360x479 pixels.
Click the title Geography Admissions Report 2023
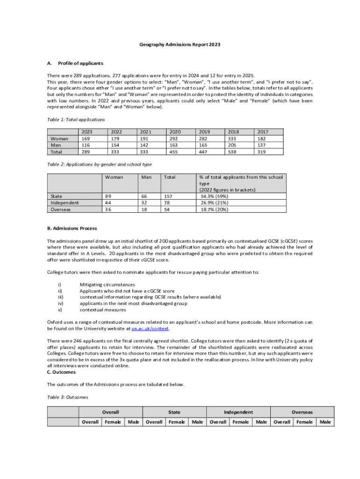tap(180, 44)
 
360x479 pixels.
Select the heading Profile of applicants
tap(80, 63)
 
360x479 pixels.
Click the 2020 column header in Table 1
tap(175, 132)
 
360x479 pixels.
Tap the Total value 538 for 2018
tap(232, 152)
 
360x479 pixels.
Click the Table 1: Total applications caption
tap(75, 120)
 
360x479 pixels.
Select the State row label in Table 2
tap(57, 196)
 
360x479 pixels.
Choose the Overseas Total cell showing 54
tap(167, 210)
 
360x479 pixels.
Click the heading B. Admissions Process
tap(72, 228)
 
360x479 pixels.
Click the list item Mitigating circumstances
tap(107, 284)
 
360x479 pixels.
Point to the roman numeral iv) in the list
tap(60, 303)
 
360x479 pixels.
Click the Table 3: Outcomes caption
tap(67, 397)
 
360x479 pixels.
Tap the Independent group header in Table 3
tap(238, 412)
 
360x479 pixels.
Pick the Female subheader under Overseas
tap(305, 422)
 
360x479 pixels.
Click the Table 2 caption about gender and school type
tap(99, 164)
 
